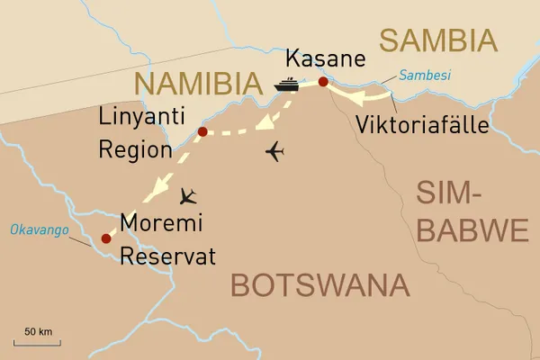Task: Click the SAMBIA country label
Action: (437, 40)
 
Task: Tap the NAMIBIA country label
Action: (191, 84)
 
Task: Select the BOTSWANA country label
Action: (320, 285)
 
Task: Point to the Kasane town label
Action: (326, 59)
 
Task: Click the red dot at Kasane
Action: (323, 83)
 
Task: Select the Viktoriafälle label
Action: (422, 124)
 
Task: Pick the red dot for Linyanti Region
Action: (202, 132)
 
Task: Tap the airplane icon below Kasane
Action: (276, 152)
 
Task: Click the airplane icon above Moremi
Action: (190, 195)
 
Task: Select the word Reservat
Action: (168, 256)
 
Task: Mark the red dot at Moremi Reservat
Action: (106, 238)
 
